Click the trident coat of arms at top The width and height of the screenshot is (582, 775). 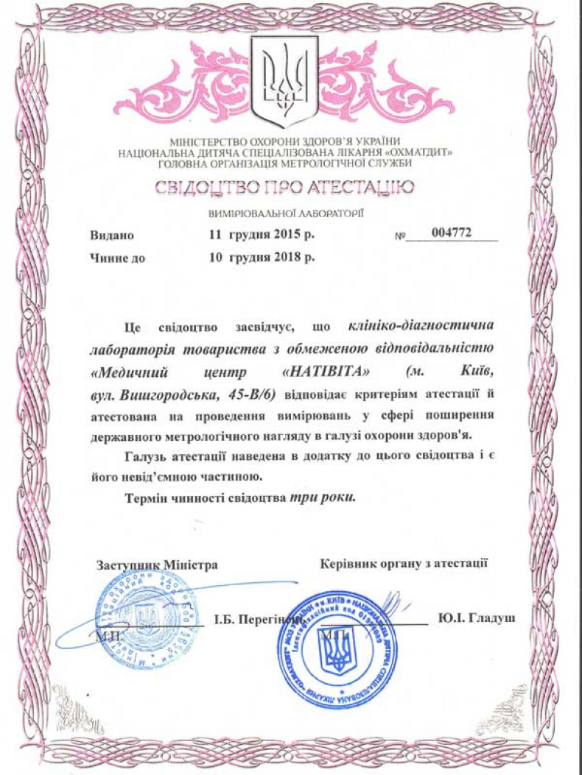click(x=284, y=81)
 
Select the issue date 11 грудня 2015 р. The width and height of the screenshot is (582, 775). click(x=262, y=236)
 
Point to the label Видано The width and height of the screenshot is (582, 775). click(x=112, y=236)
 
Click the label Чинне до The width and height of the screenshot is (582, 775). click(x=117, y=258)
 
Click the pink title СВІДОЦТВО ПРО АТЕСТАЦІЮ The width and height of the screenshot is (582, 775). click(x=284, y=188)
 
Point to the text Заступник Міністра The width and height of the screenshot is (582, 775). click(x=157, y=565)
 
